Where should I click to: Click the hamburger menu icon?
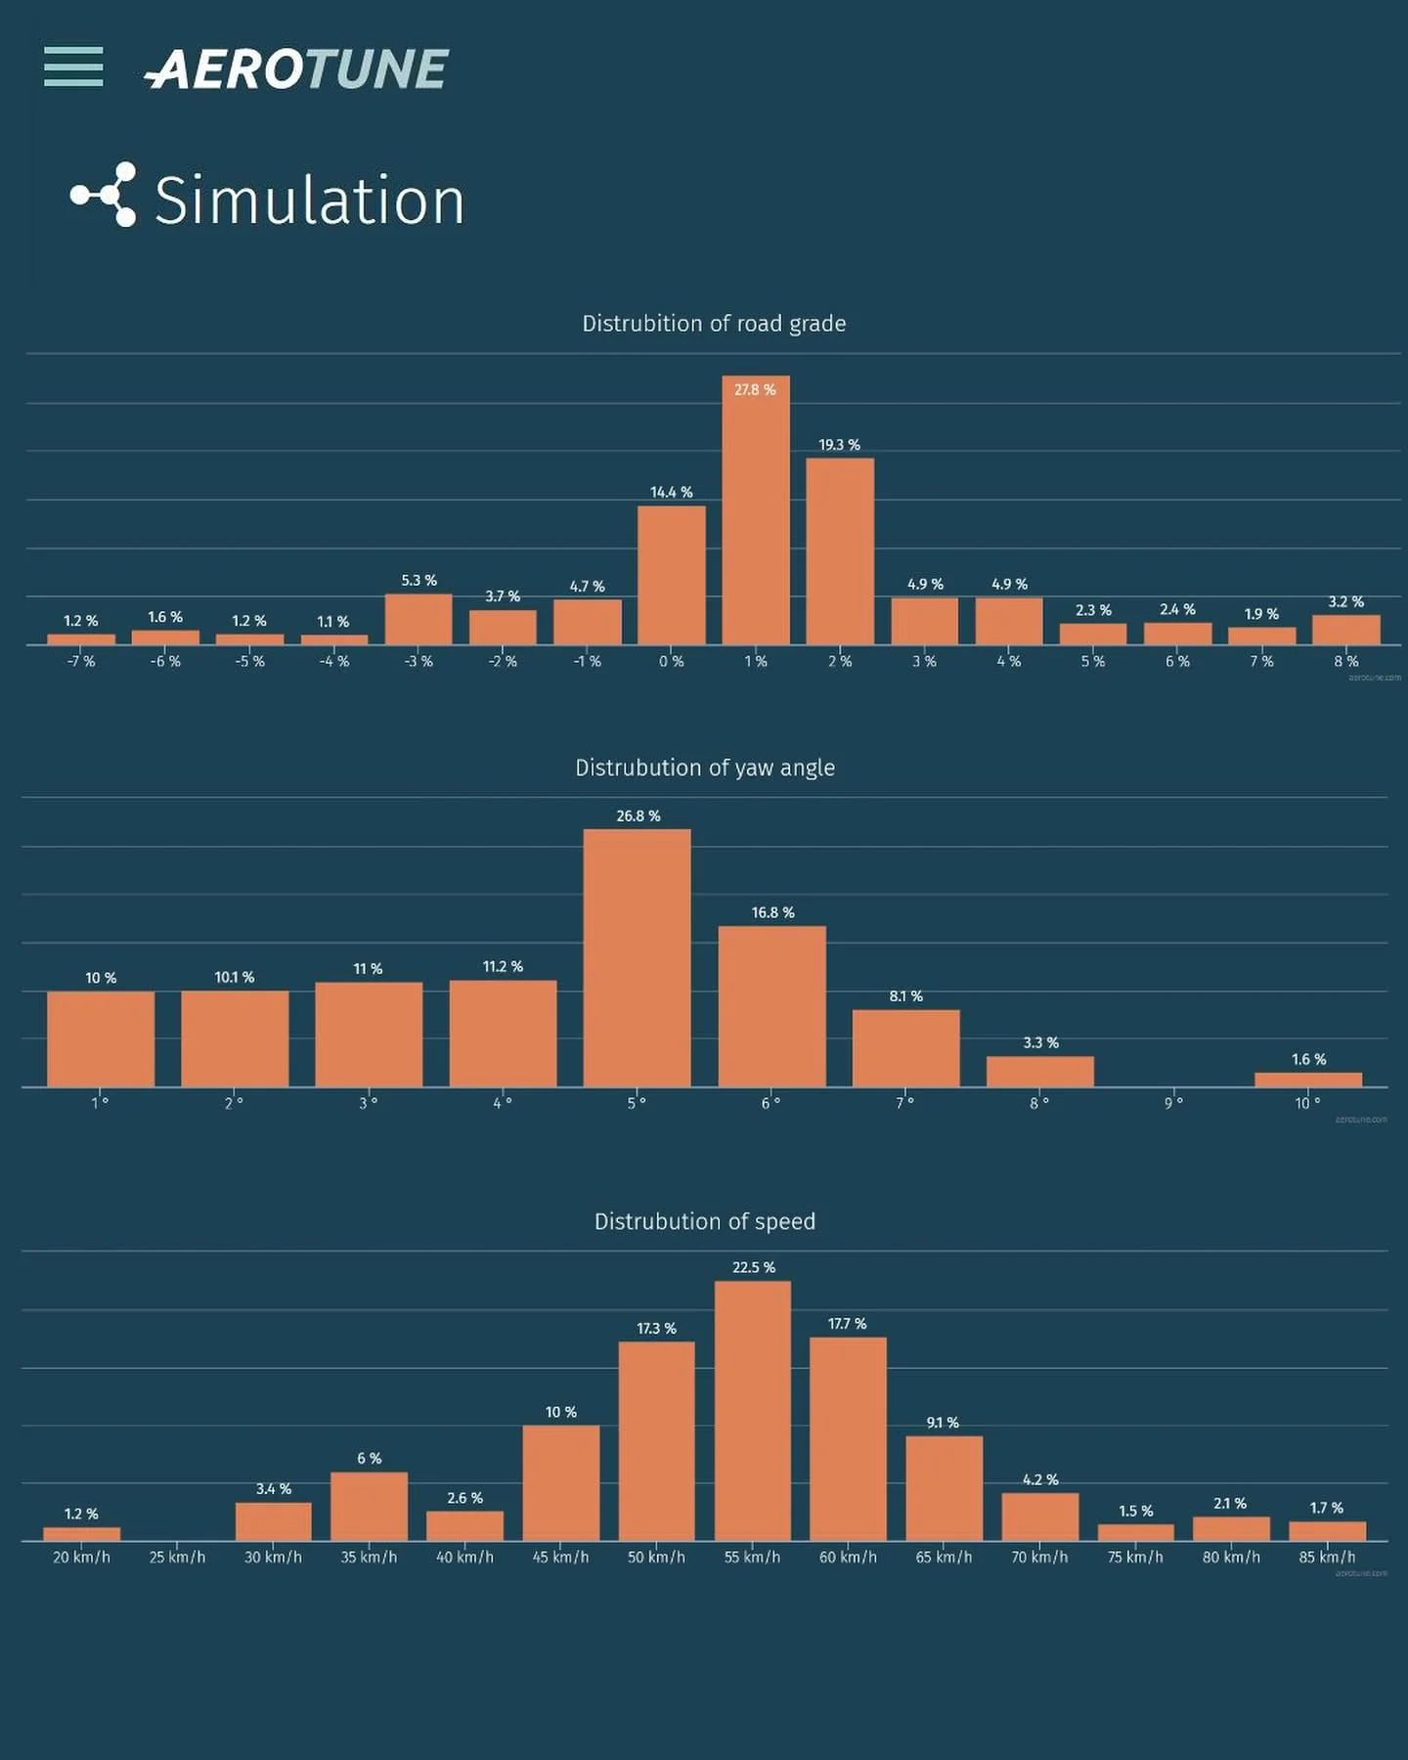[x=73, y=66]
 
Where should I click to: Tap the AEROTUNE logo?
[x=296, y=69]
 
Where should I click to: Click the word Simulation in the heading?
[x=309, y=200]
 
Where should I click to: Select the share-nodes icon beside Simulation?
[x=104, y=196]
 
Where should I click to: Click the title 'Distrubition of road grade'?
[x=714, y=324]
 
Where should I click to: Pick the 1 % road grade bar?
[x=756, y=510]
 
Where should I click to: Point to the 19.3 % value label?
[x=839, y=445]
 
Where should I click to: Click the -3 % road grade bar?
[x=418, y=619]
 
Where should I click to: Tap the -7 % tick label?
[x=81, y=662]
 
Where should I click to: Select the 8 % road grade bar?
[x=1345, y=630]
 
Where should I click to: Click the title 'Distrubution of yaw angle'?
[x=704, y=769]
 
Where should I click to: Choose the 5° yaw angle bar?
[x=637, y=958]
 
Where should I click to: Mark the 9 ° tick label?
[x=1173, y=1103]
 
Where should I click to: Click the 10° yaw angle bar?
[x=1307, y=1079]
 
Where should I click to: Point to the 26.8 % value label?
[x=638, y=816]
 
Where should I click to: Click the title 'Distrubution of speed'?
[x=704, y=1222]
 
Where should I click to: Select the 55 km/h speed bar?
[x=753, y=1411]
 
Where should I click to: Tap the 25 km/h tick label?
[x=177, y=1558]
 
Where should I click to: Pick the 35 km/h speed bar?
[x=369, y=1507]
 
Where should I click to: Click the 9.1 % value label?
[x=943, y=1423]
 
